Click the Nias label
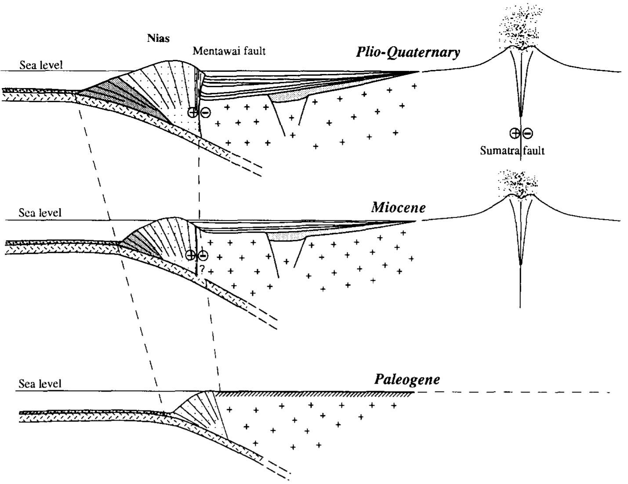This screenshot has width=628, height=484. [x=158, y=38]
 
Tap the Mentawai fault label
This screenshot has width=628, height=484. [x=229, y=51]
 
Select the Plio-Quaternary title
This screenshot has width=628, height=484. [x=408, y=52]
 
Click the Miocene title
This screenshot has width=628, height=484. [x=398, y=207]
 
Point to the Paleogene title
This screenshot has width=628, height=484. [x=407, y=379]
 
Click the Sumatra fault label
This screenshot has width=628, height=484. [x=512, y=151]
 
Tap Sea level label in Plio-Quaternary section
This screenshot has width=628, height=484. [x=41, y=65]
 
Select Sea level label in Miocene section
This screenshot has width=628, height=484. [x=40, y=213]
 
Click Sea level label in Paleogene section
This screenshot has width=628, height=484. [x=40, y=384]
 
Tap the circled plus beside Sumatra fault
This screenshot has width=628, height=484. [x=514, y=133]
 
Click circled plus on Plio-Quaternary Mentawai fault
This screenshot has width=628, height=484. [x=192, y=112]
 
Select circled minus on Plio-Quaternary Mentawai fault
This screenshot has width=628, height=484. [x=205, y=113]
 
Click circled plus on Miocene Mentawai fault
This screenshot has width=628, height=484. [x=190, y=255]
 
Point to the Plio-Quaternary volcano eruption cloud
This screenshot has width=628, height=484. [x=521, y=26]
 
